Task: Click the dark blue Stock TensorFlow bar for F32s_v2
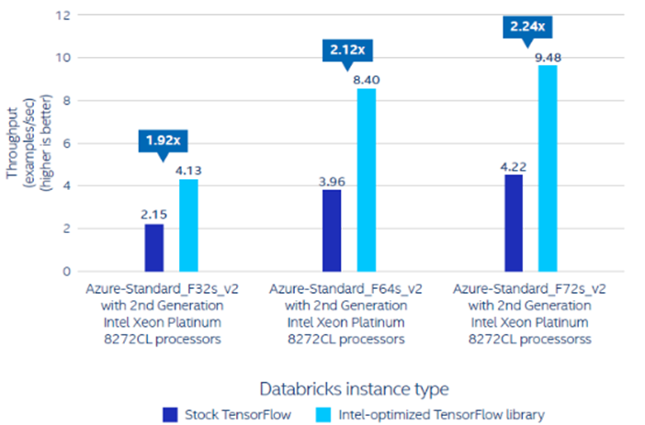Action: coord(153,247)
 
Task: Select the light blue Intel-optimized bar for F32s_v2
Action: coord(188,225)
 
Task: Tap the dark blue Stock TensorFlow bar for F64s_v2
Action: coord(332,230)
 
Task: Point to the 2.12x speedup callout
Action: coord(344,50)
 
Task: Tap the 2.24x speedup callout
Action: coord(526,27)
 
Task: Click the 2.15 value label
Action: coord(153,213)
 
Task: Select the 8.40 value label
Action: coord(368,79)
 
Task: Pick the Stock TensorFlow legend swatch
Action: coord(169,414)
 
